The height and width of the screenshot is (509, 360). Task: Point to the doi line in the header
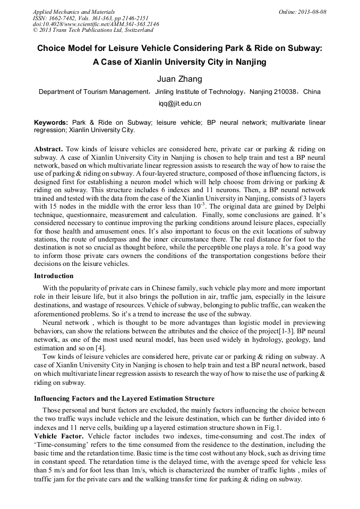96,24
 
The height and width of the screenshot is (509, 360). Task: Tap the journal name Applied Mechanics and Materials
74,12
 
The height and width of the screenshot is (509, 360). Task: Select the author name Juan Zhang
179,80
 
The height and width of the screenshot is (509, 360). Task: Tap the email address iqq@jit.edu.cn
179,103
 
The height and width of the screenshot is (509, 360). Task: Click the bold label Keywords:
51,123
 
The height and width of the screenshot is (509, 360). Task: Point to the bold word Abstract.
49,149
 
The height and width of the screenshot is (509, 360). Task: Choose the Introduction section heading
54,276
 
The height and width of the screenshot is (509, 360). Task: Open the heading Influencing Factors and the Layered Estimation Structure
124,399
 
